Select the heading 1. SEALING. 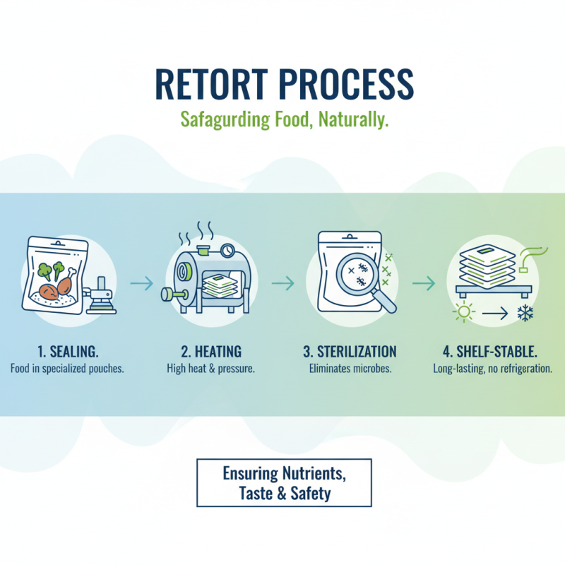68,352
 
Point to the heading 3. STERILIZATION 350,352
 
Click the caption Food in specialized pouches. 68,369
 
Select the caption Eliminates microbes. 350,369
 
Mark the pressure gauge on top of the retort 228,250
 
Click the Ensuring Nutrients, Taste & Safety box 283,483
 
